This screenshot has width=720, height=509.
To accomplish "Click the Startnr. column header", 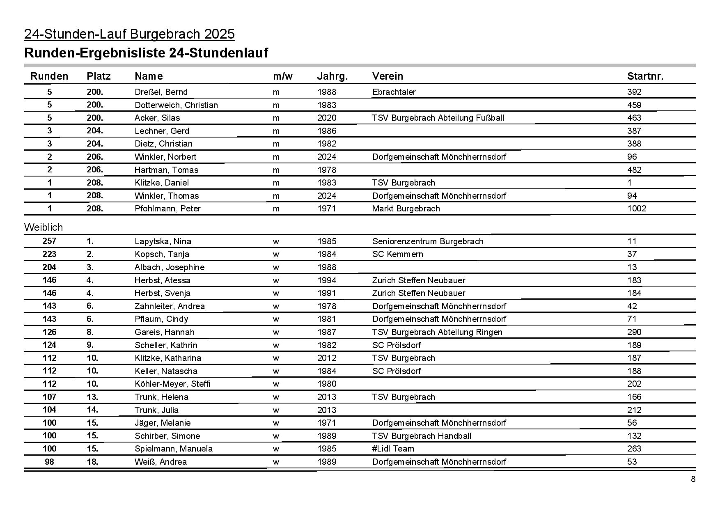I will coord(645,76).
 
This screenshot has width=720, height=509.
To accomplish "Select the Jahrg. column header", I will coord(332,76).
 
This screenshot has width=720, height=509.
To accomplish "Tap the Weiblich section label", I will coord(44,227).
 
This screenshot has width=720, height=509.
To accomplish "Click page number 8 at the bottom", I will coord(693,479).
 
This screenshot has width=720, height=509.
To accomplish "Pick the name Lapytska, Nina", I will coord(163,241).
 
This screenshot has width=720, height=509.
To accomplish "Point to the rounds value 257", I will coord(49,241).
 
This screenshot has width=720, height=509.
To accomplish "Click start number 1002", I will coord(636,209).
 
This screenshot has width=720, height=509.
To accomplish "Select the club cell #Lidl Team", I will coord(393,449).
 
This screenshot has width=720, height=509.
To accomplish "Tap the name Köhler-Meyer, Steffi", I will coord(172,384).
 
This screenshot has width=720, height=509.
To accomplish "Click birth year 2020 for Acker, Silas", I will coord(326,118).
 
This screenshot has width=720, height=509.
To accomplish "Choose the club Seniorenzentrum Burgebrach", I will coord(427,241).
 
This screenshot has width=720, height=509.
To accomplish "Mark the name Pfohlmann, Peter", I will coord(167,209).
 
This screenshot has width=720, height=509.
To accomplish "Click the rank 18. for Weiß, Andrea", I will coord(92,462).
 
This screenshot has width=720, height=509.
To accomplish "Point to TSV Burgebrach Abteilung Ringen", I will coord(437,332).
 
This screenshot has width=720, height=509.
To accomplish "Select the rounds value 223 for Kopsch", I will coord(49,254).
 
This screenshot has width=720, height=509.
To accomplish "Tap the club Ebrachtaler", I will coord(394,92).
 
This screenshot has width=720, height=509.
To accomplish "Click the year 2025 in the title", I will coord(219,34).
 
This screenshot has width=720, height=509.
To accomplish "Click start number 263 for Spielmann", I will coord(634,449).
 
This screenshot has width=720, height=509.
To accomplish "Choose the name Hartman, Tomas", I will coord(166,170).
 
